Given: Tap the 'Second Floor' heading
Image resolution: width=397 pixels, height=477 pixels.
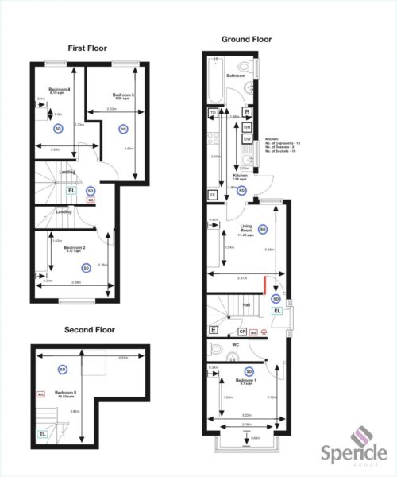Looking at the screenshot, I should (x=89, y=329).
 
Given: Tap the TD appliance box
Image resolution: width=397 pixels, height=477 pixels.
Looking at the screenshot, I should (x=213, y=114).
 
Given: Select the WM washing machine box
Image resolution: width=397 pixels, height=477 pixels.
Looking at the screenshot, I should (x=247, y=126).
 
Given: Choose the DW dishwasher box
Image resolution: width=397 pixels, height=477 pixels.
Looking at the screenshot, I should (x=247, y=139).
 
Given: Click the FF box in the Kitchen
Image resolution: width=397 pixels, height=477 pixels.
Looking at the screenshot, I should (x=213, y=195).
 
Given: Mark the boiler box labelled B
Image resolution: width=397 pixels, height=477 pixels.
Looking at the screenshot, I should (x=247, y=112).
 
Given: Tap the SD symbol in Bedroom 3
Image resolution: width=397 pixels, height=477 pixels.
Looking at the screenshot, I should (x=122, y=128).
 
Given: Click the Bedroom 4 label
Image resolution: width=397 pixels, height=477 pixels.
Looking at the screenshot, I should (x=60, y=90).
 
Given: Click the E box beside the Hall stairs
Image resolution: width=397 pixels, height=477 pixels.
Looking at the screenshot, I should (x=213, y=329).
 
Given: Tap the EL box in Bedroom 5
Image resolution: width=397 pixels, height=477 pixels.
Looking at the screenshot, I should (x=42, y=434).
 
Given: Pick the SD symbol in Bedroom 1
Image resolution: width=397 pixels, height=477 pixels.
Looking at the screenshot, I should (x=249, y=371).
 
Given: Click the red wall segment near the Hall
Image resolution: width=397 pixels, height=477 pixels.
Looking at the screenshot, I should (x=264, y=283).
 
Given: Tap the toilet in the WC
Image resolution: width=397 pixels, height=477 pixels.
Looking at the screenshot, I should (x=214, y=348).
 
